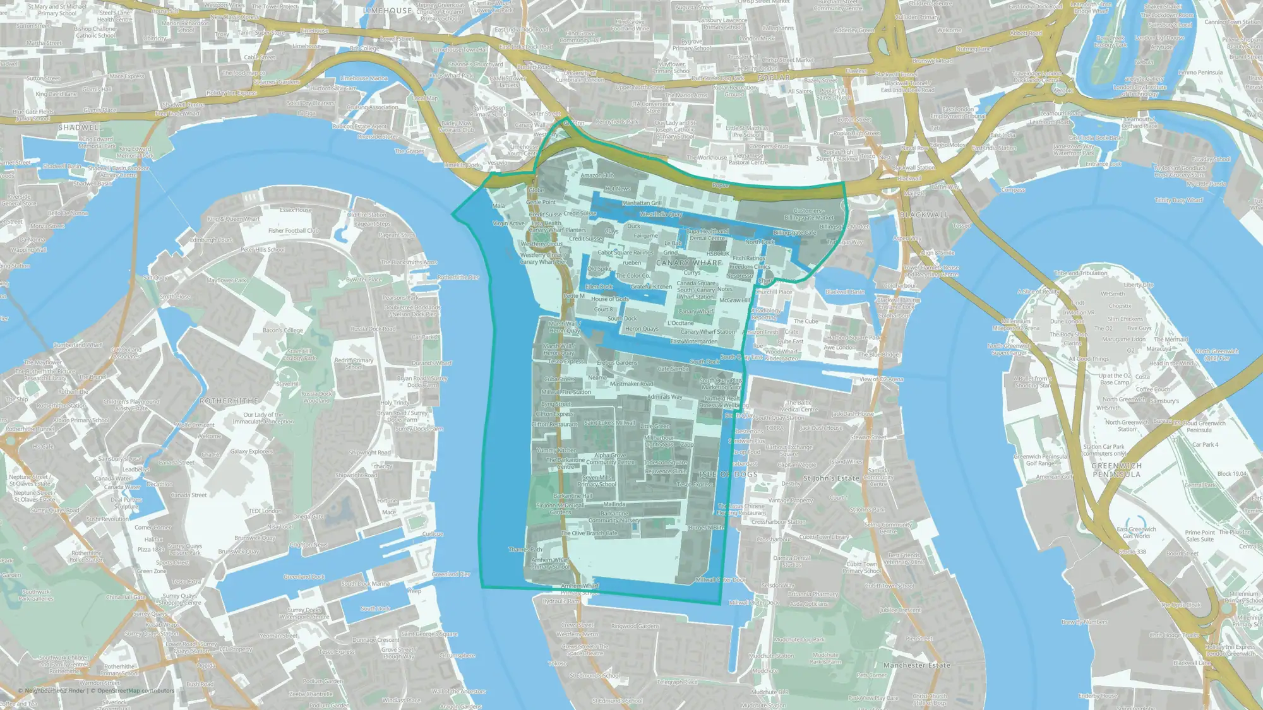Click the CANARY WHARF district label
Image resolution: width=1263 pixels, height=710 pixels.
688,263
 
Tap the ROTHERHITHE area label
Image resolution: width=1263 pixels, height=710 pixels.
229,401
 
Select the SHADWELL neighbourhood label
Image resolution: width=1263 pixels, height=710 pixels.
80,127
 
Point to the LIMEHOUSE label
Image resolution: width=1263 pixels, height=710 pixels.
388,11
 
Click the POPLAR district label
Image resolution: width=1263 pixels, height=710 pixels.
774,78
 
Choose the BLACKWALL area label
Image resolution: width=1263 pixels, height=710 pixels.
924,215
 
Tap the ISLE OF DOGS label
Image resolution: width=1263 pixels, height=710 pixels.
728,474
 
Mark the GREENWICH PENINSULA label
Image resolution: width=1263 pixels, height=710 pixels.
1116,470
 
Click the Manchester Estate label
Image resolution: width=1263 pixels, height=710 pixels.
916,665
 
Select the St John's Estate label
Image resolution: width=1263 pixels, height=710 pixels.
831,478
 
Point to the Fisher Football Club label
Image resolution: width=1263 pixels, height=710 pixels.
293,231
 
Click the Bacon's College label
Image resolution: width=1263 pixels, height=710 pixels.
282,330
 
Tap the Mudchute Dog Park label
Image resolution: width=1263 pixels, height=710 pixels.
799,639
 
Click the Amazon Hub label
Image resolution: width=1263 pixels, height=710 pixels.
597,175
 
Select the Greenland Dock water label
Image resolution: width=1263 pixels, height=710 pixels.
304,577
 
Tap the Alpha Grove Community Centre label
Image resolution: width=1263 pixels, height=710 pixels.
610,459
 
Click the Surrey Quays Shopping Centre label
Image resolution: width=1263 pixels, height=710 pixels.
179,599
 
